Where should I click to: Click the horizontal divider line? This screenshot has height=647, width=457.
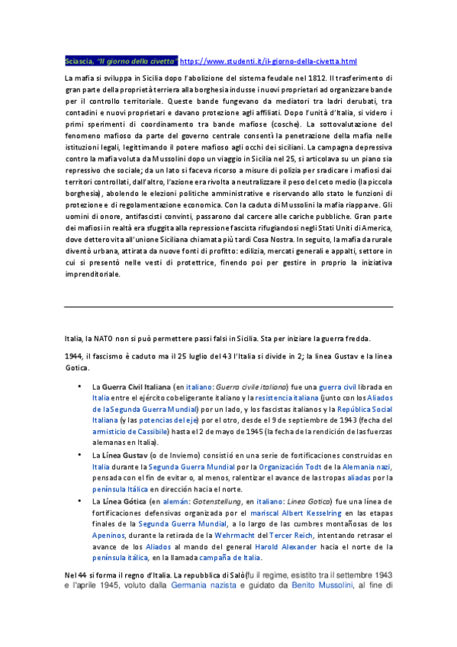228,307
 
